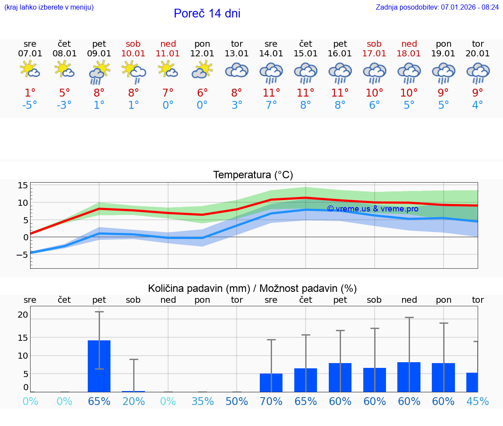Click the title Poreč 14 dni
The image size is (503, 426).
[x=207, y=14]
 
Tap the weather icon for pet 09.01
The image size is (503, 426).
[x=99, y=73]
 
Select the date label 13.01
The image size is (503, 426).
[x=237, y=54]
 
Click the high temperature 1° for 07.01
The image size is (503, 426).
[x=30, y=93]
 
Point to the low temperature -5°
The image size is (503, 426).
[x=30, y=105]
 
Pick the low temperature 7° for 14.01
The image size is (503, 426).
[x=271, y=105]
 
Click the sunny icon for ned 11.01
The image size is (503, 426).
[x=168, y=69]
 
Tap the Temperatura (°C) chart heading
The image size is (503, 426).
[x=253, y=175]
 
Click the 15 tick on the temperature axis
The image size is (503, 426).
[x=23, y=186]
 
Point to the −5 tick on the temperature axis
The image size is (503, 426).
[x=22, y=254]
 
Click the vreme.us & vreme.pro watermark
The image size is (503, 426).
[x=372, y=209]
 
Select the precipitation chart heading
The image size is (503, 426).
[x=252, y=288]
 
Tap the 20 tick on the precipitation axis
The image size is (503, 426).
[x=23, y=315]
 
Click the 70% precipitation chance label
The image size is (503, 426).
[x=271, y=401]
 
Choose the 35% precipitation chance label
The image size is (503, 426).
[x=202, y=401]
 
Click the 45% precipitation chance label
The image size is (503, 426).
[x=478, y=401]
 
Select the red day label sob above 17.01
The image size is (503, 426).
[x=374, y=44]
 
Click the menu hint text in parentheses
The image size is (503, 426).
[x=48, y=7]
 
